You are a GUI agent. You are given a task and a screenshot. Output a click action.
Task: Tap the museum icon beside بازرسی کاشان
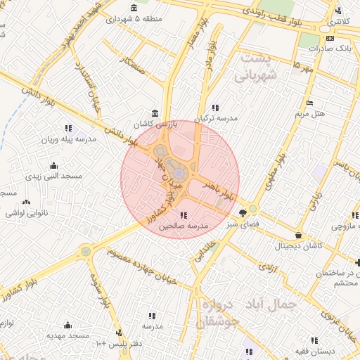click(x=155, y=114)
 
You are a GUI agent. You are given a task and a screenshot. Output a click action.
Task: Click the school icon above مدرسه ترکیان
click(x=215, y=108)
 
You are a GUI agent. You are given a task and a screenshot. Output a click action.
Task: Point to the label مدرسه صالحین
click(x=184, y=226)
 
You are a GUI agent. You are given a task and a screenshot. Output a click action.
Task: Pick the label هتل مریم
click(x=309, y=113)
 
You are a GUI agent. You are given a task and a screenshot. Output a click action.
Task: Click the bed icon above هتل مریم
click(x=310, y=103)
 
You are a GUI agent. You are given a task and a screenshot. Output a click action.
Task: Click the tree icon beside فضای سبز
click(x=243, y=212)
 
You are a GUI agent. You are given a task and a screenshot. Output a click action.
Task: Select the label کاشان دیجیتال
click(x=300, y=246)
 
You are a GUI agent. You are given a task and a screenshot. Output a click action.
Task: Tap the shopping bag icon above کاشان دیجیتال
click(x=300, y=236)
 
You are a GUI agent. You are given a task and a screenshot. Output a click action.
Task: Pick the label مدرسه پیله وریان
click(x=67, y=139)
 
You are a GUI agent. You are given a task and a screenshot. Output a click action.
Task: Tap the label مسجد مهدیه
click(x=67, y=335)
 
